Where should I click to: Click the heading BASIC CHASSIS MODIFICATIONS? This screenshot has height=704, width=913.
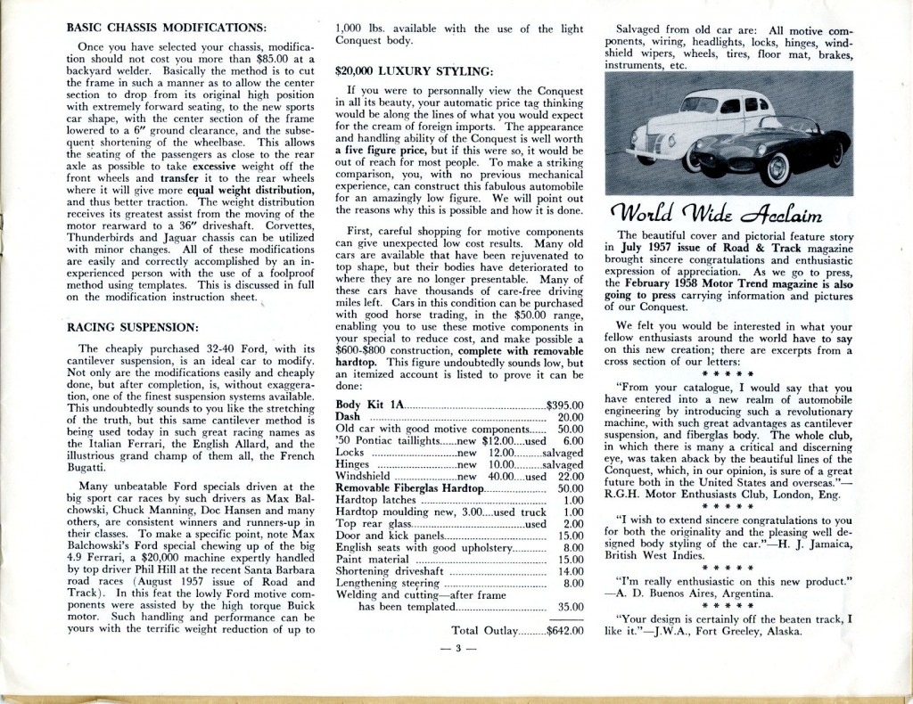coord(167,28)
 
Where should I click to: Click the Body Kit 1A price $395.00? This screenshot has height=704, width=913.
coord(564,405)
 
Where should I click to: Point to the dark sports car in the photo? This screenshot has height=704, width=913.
coord(776,147)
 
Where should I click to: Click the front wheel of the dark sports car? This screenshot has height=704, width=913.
coord(774,168)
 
